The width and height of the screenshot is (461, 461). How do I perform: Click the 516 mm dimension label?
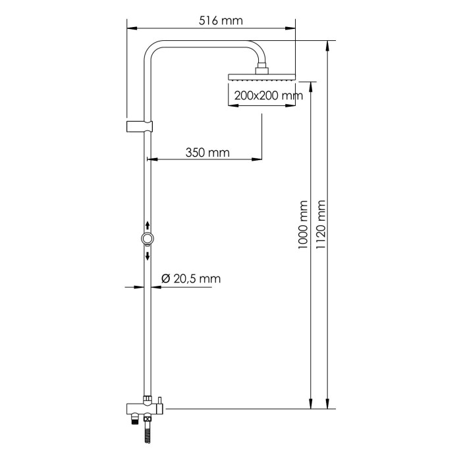point(221,20)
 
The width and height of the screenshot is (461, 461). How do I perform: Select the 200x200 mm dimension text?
point(267,95)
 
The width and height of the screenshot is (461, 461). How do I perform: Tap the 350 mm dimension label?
point(207,153)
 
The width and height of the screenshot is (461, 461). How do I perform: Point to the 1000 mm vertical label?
point(303,224)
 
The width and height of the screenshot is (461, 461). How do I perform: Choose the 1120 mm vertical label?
point(321,224)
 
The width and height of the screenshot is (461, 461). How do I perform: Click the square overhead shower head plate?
point(261,77)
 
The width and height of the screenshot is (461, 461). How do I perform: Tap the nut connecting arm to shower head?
point(262,68)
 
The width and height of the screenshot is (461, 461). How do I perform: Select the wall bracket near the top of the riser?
point(140,125)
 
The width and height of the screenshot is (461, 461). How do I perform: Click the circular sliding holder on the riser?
point(148,239)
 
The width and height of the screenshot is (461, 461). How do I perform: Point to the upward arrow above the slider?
point(148,226)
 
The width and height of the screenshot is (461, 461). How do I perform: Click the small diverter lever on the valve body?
point(158,400)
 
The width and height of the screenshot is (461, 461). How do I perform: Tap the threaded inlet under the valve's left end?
point(134,417)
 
